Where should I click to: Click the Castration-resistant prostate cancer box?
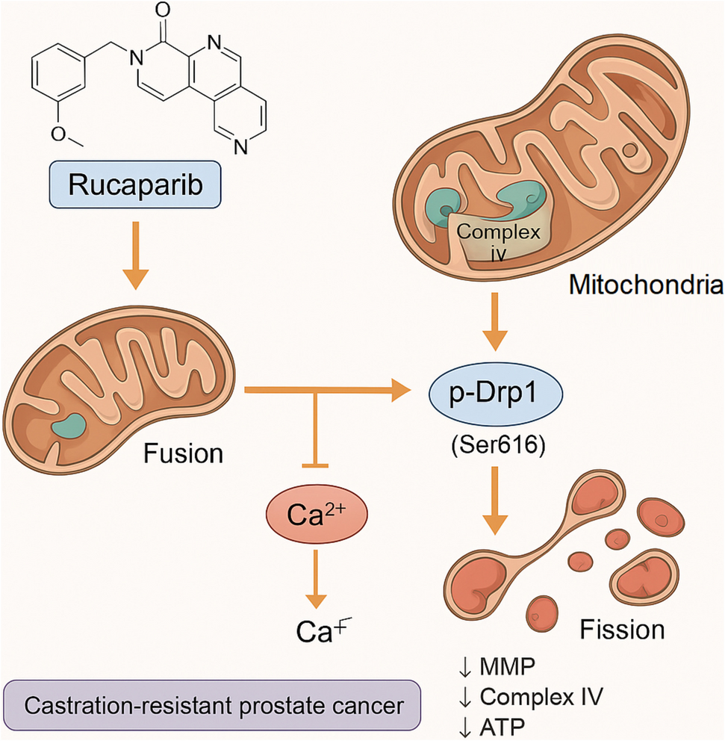(x=211, y=706)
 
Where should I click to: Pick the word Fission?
(x=622, y=629)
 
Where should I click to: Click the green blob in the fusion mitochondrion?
(x=69, y=427)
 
